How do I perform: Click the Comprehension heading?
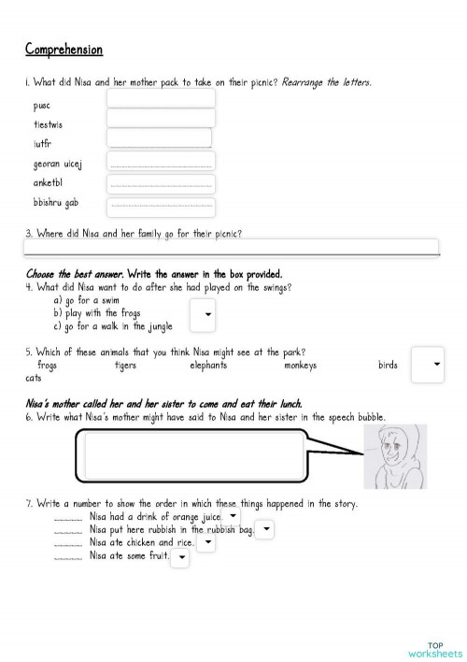click(64, 50)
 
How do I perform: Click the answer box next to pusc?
click(161, 98)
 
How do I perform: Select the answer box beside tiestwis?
click(161, 118)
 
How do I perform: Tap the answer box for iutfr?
click(159, 138)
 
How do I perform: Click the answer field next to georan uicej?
click(161, 161)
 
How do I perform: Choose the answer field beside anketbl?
click(161, 183)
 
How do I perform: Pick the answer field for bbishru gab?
click(161, 206)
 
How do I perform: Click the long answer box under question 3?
click(231, 247)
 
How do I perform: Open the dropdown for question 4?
click(204, 316)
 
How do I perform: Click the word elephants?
click(208, 366)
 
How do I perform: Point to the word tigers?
click(124, 366)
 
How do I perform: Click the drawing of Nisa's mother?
click(396, 457)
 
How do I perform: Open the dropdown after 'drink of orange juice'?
click(233, 516)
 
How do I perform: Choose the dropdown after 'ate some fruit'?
click(180, 557)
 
